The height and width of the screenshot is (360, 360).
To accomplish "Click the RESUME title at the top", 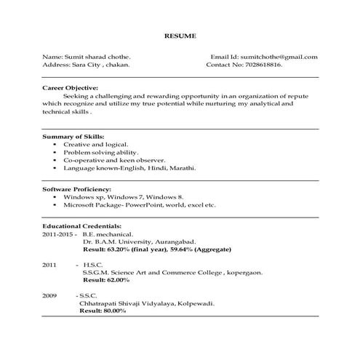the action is (x=180, y=36).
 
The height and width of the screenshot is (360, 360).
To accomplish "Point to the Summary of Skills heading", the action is (x=73, y=137).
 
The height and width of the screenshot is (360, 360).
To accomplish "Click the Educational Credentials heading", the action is (x=81, y=226).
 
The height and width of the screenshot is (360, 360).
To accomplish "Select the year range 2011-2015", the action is (x=58, y=235).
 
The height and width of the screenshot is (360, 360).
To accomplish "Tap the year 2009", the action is (x=49, y=296).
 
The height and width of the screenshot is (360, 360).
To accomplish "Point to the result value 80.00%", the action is (x=114, y=311).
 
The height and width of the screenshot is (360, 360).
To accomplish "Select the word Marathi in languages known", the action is (x=182, y=167).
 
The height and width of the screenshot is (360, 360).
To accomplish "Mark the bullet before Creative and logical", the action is (x=55, y=145).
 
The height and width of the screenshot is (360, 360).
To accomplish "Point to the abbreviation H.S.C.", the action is (x=93, y=264).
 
